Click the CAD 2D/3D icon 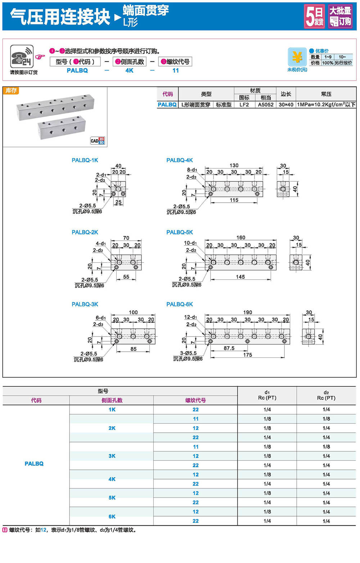point(98,140)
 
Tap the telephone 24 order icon point(22,57)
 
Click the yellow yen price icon point(297,57)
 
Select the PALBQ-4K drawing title point(179,160)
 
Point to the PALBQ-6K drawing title point(179,304)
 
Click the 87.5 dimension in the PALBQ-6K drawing point(229,348)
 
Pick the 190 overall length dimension point(247,312)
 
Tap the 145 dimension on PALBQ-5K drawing point(240,277)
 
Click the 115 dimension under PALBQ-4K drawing point(234,200)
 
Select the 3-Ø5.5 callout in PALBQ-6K point(188,353)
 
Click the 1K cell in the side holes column point(112,410)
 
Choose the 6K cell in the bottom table point(112,517)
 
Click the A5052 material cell point(266,105)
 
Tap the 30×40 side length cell point(286,105)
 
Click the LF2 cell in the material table point(244,105)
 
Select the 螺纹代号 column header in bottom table point(195,400)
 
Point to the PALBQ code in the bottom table point(34,464)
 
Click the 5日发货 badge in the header point(314,16)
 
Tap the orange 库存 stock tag point(11,91)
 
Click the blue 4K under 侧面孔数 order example point(129,71)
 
